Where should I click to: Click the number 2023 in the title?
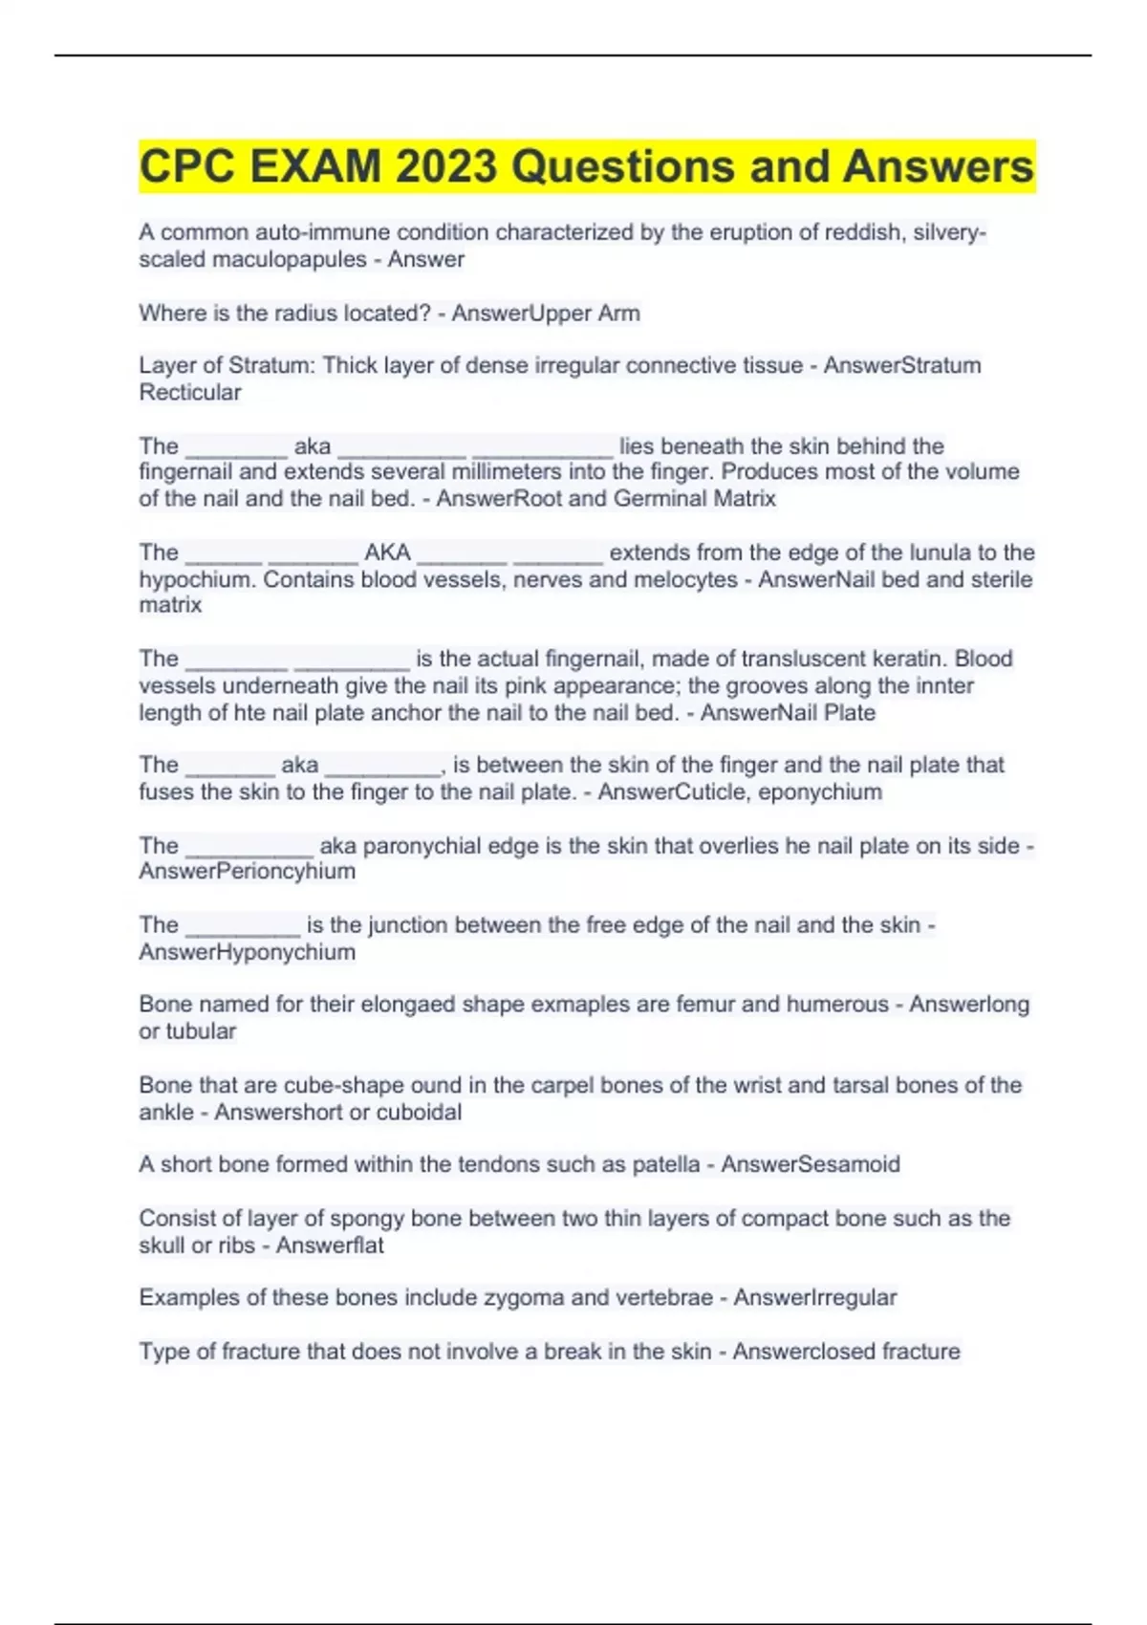[445, 167]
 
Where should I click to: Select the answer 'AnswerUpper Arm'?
[546, 314]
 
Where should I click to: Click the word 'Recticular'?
[190, 393]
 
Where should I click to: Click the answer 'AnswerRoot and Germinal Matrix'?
[606, 499]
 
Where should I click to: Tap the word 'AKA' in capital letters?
[387, 552]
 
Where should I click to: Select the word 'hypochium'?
[195, 580]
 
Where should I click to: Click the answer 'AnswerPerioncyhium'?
[247, 872]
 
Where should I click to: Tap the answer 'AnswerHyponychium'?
[247, 952]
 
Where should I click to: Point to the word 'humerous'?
[837, 1005]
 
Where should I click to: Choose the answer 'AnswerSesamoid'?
[811, 1164]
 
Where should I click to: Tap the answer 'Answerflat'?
[330, 1246]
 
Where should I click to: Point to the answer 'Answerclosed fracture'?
[846, 1352]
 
